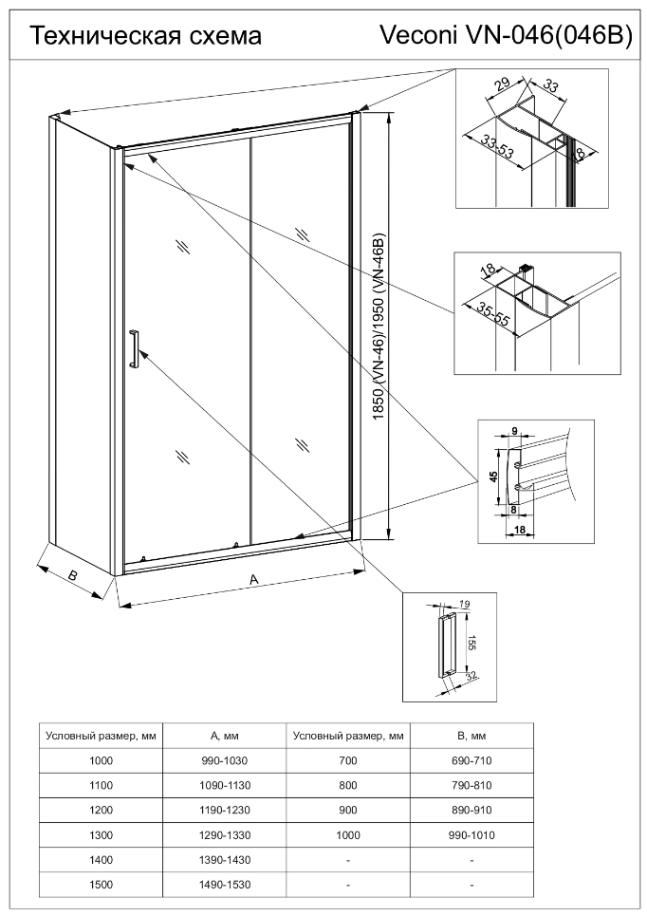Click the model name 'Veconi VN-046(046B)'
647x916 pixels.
click(505, 36)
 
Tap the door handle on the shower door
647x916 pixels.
click(135, 347)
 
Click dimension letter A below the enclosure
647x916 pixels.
click(253, 579)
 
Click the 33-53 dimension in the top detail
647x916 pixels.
click(498, 153)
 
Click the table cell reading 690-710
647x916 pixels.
click(471, 760)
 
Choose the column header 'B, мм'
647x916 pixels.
click(471, 735)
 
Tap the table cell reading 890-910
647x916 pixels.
click(471, 810)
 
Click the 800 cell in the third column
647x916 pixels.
click(348, 785)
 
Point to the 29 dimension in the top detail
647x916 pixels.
click(504, 84)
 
